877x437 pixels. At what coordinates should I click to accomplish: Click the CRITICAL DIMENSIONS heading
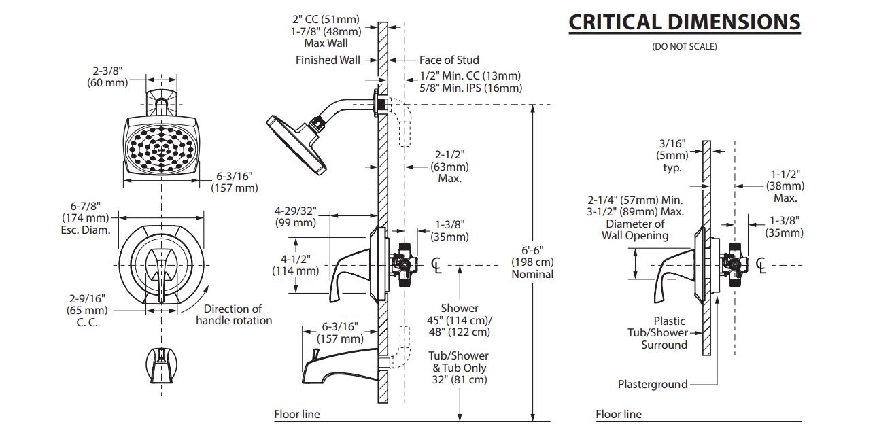point(684,22)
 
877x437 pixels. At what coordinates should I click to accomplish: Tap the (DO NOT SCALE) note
point(684,47)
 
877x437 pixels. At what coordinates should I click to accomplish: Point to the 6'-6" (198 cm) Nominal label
point(532,262)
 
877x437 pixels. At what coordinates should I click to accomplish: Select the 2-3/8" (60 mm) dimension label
point(107,76)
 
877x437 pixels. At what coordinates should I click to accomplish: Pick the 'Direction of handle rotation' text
point(233,314)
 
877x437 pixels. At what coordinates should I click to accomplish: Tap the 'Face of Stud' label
point(449,60)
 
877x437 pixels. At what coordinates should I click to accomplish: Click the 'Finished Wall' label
point(328,60)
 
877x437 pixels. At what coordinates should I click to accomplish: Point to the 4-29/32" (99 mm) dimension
point(296,217)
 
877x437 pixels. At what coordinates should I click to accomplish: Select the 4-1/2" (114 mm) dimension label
point(295,264)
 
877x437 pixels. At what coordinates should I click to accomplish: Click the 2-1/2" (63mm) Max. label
point(449,166)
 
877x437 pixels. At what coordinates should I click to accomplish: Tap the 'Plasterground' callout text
point(652,384)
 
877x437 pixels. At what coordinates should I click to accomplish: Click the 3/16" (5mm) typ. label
point(672,156)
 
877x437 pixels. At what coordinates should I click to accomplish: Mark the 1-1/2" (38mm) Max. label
point(785,186)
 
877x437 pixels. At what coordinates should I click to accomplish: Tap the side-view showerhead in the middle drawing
point(297,141)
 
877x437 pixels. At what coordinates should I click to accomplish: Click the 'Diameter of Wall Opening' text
point(635,230)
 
